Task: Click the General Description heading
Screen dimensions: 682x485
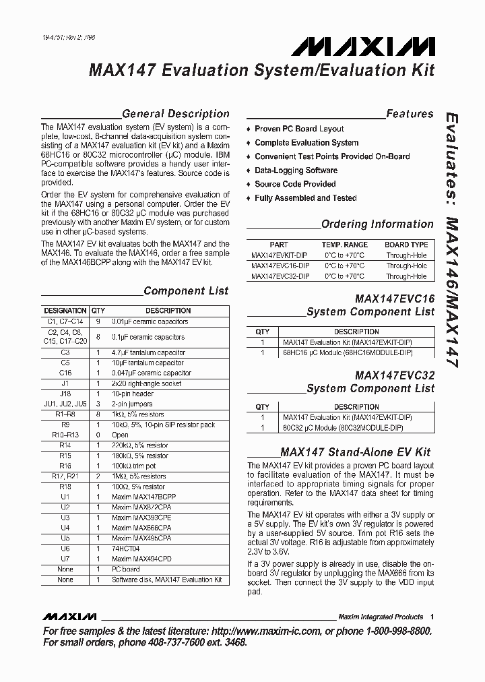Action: pyautogui.click(x=175, y=114)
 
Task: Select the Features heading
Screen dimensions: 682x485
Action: pyautogui.click(x=410, y=114)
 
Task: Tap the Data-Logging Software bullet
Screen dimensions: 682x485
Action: pyautogui.click(x=296, y=170)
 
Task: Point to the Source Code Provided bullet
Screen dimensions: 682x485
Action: pyautogui.click(x=295, y=184)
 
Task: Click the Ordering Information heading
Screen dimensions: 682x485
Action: pyautogui.click(x=377, y=224)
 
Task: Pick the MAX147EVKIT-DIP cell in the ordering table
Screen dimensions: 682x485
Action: pyautogui.click(x=280, y=255)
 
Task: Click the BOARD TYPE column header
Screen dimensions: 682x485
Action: pyautogui.click(x=406, y=245)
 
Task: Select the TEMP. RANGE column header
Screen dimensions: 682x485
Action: pyautogui.click(x=344, y=245)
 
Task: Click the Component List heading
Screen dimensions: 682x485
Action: pyautogui.click(x=186, y=291)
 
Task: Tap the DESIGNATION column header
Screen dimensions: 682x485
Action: pyautogui.click(x=65, y=311)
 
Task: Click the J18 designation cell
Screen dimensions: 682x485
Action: pyautogui.click(x=65, y=394)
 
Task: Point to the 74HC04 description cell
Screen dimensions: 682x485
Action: pyautogui.click(x=125, y=549)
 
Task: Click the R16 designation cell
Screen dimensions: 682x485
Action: pyautogui.click(x=65, y=466)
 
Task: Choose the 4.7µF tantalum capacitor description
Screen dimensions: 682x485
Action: pyautogui.click(x=148, y=352)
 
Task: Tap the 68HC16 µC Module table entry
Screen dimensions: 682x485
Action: pyautogui.click(x=348, y=352)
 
